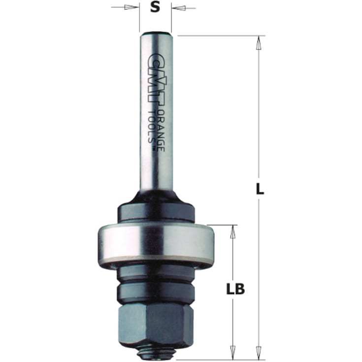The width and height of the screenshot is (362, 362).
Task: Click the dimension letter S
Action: click(x=155, y=8)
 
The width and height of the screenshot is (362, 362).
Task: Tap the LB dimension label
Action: click(x=236, y=289)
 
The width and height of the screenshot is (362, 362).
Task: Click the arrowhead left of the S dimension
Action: click(x=132, y=8)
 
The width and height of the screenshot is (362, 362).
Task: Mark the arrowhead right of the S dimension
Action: click(x=179, y=8)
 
